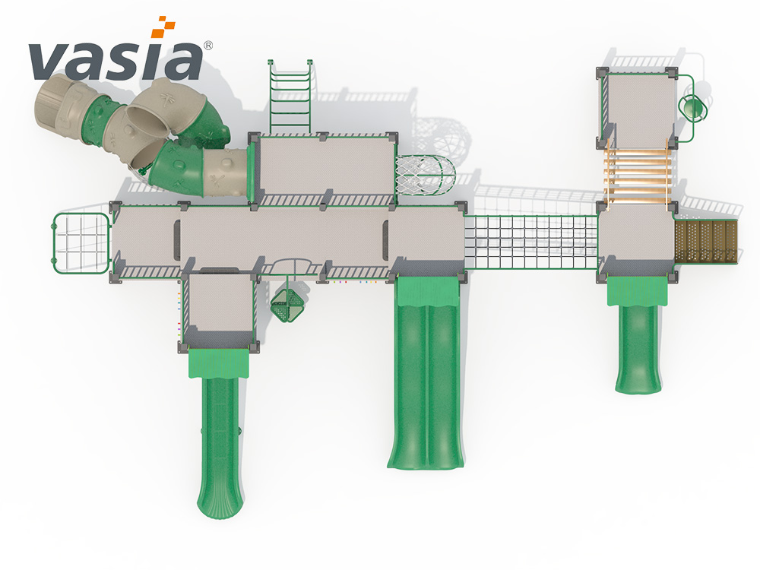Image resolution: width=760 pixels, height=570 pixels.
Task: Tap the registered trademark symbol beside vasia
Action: (207, 45)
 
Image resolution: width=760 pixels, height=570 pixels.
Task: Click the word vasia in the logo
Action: (116, 60)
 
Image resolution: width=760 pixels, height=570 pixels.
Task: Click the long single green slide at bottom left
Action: (220, 432)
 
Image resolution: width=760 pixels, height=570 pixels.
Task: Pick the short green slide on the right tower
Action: (638, 334)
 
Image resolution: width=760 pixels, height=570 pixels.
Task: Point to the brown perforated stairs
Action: (706, 241)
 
